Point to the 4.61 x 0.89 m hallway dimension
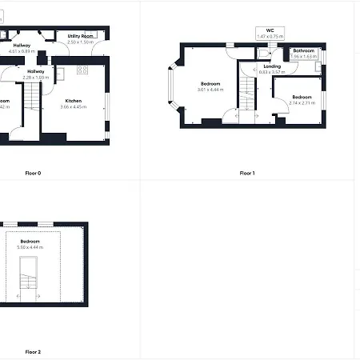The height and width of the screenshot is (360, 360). coord(19,51)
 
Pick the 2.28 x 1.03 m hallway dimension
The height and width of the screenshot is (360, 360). coord(35,78)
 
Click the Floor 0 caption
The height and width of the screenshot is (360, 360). coord(33,173)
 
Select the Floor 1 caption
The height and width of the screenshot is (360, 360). coord(247,173)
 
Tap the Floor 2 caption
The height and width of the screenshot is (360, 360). coord(33,352)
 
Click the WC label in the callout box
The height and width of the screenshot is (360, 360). coord(270,30)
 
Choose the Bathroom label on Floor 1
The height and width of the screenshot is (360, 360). coord(303,51)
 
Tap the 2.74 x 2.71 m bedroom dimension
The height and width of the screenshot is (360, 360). coord(299,103)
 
